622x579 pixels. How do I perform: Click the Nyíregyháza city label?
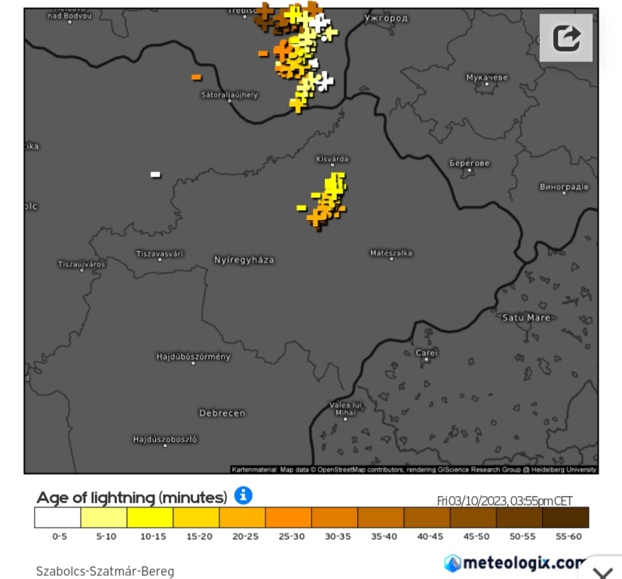point(244,260)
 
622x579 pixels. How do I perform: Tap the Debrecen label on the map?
point(222,413)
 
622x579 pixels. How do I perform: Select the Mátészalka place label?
point(391,253)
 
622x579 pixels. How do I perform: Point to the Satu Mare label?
point(526,317)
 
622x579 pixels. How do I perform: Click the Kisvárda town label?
point(332,159)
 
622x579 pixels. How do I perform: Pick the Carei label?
point(426,352)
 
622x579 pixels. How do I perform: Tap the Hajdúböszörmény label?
point(193,357)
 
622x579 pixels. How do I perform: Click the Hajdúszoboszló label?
point(165,439)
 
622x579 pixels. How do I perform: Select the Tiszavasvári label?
point(160,254)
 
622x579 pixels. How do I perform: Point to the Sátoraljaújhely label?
point(229,95)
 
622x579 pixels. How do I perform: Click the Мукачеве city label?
point(487,78)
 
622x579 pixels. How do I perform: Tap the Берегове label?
point(470,163)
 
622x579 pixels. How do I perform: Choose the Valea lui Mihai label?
point(346,409)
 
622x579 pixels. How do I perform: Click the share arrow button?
point(566,38)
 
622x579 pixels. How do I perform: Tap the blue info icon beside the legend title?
point(243,495)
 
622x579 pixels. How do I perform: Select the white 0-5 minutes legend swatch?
point(57,517)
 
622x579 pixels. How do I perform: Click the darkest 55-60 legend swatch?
point(565,517)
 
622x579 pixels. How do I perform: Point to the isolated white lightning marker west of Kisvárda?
point(155,174)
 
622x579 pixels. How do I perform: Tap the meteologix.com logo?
point(516,562)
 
